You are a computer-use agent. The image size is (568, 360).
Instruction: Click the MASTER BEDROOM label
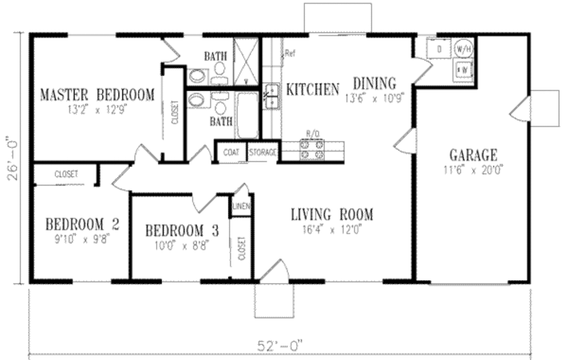(97, 95)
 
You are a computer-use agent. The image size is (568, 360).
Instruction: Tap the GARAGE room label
(473, 155)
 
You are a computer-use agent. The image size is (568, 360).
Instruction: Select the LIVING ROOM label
(332, 214)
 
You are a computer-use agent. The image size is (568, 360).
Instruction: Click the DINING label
(375, 83)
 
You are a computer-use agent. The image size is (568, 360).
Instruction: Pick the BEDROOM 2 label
(82, 225)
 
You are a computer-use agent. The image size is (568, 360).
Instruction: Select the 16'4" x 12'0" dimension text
(332, 229)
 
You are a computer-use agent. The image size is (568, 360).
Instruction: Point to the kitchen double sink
(272, 98)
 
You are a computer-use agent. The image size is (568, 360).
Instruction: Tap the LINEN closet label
(242, 207)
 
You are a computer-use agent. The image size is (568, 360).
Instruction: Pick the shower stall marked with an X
(246, 62)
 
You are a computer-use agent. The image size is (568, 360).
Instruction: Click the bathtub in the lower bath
(246, 115)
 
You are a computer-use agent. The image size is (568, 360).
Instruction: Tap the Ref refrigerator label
(290, 54)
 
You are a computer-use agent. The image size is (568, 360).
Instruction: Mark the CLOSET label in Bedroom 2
(66, 174)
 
